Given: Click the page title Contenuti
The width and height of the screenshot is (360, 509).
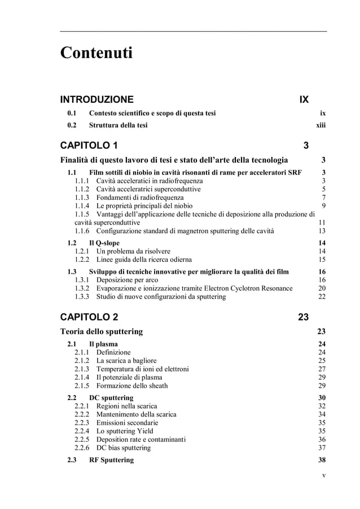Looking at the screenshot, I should pyautogui.click(x=96, y=54).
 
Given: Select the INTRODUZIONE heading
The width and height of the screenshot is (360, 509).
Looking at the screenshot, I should pyautogui.click(x=97, y=100).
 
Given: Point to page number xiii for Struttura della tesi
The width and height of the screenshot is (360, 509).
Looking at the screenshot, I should pyautogui.click(x=321, y=125).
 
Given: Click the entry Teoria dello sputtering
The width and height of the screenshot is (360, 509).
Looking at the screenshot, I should pyautogui.click(x=102, y=331).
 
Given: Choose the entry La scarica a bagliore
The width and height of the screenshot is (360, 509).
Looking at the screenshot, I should pyautogui.click(x=126, y=361).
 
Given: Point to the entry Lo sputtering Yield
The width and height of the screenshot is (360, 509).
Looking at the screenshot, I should pyautogui.click(x=125, y=431).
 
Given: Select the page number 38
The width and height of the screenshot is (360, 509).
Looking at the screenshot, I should pyautogui.click(x=322, y=460).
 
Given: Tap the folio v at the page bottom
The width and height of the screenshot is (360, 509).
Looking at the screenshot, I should pyautogui.click(x=323, y=475).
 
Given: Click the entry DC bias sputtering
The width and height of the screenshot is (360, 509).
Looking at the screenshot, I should pyautogui.click(x=124, y=448).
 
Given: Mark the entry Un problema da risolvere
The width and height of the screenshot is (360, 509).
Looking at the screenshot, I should pyautogui.click(x=133, y=251).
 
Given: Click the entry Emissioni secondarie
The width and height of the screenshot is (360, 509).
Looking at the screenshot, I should pyautogui.click(x=127, y=423).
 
